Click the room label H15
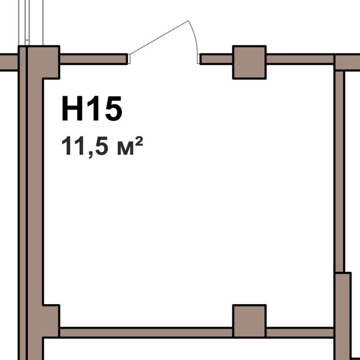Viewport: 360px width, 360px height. click(92, 108)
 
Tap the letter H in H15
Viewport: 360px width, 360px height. click(72, 108)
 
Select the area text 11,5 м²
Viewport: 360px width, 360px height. click(102, 146)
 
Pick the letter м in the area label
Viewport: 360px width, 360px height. click(125, 149)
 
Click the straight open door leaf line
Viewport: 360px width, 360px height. click(159, 38)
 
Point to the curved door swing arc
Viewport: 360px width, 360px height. click(195, 37)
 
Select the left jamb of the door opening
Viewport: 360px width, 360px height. click(129, 59)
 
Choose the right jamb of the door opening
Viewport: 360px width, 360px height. click(199, 59)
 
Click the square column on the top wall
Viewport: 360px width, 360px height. click(249, 62)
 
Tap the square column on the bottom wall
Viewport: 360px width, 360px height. click(249, 321)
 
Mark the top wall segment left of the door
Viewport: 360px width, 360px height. click(93, 59)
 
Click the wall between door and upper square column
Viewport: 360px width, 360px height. click(216, 59)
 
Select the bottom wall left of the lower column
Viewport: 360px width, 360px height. click(146, 333)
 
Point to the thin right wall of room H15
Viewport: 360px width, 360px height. click(339, 171)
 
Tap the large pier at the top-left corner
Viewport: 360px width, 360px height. click(43, 62)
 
